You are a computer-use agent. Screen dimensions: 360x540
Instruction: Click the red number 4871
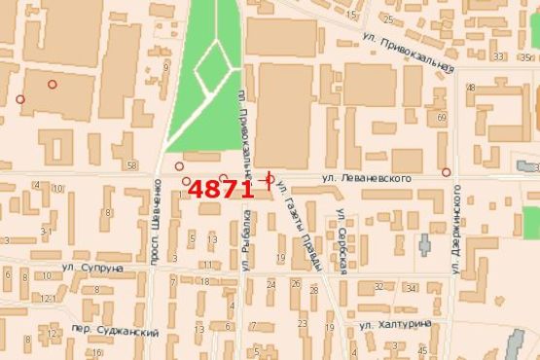coord(221,189)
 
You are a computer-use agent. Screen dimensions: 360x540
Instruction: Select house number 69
coord(441,118)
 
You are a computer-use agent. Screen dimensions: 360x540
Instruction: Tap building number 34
coord(411,288)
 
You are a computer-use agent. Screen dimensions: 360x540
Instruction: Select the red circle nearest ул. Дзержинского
coord(446,172)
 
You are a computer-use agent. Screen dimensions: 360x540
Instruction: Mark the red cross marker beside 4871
coord(268,178)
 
